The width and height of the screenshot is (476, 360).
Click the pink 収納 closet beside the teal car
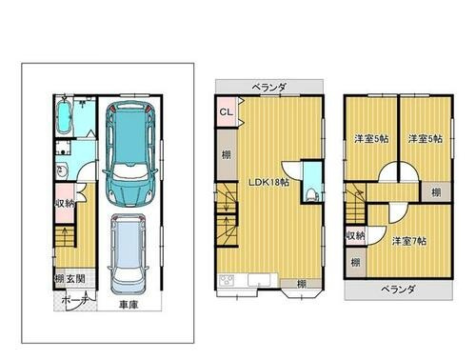point(65,203)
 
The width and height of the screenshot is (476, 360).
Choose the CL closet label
point(227,113)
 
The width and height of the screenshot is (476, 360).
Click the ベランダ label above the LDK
point(269,87)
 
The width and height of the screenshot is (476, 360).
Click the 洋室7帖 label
point(407,238)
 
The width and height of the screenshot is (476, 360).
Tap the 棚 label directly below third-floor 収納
point(354,261)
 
